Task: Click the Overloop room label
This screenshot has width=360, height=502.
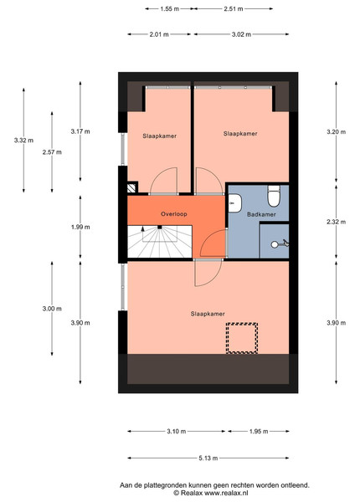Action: pos(174,214)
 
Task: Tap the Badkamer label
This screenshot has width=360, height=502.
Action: pos(261,214)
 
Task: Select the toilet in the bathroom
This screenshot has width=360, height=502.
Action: pos(274,196)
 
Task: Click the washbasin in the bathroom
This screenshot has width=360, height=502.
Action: pos(234,203)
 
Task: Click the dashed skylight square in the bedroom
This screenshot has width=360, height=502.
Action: pos(242,338)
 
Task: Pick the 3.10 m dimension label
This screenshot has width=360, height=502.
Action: pos(176,431)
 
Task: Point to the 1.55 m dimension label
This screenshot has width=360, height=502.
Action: pos(170,9)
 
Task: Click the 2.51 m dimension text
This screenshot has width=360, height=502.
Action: pos(234,9)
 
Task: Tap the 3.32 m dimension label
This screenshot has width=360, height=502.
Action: pos(23,141)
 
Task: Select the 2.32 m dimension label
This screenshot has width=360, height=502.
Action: pos(337,222)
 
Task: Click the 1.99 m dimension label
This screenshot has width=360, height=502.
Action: pos(80,227)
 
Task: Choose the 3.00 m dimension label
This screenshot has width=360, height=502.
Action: pos(52,309)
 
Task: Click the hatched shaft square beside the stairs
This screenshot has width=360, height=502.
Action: pos(131,188)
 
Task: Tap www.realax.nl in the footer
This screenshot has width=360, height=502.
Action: pos(226,493)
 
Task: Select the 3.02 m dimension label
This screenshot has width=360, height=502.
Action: pos(241,34)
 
